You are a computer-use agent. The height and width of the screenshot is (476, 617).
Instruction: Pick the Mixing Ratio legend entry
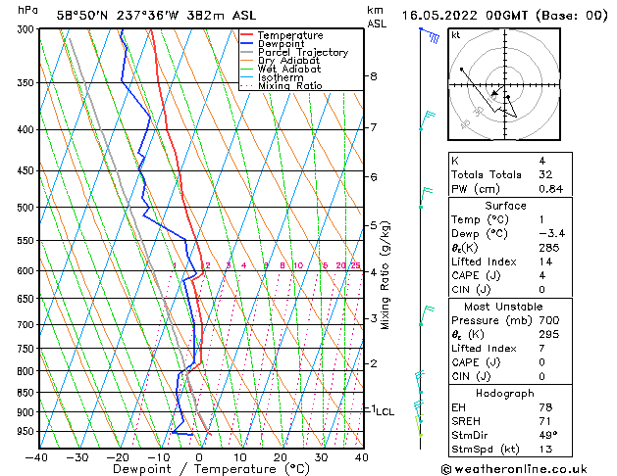coord(289,87)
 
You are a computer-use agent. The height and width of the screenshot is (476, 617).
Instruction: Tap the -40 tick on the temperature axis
coord(36,456)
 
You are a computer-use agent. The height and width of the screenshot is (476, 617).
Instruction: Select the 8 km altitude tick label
coord(374,76)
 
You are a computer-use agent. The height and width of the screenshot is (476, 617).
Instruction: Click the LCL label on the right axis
coord(385,412)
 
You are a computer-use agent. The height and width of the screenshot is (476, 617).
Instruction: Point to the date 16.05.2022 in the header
coord(450,16)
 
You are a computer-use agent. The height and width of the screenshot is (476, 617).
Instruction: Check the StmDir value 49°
coord(546,436)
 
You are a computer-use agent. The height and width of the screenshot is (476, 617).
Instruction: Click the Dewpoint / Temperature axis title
coord(199,470)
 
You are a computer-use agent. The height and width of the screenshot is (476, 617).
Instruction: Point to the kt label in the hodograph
coord(456,35)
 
